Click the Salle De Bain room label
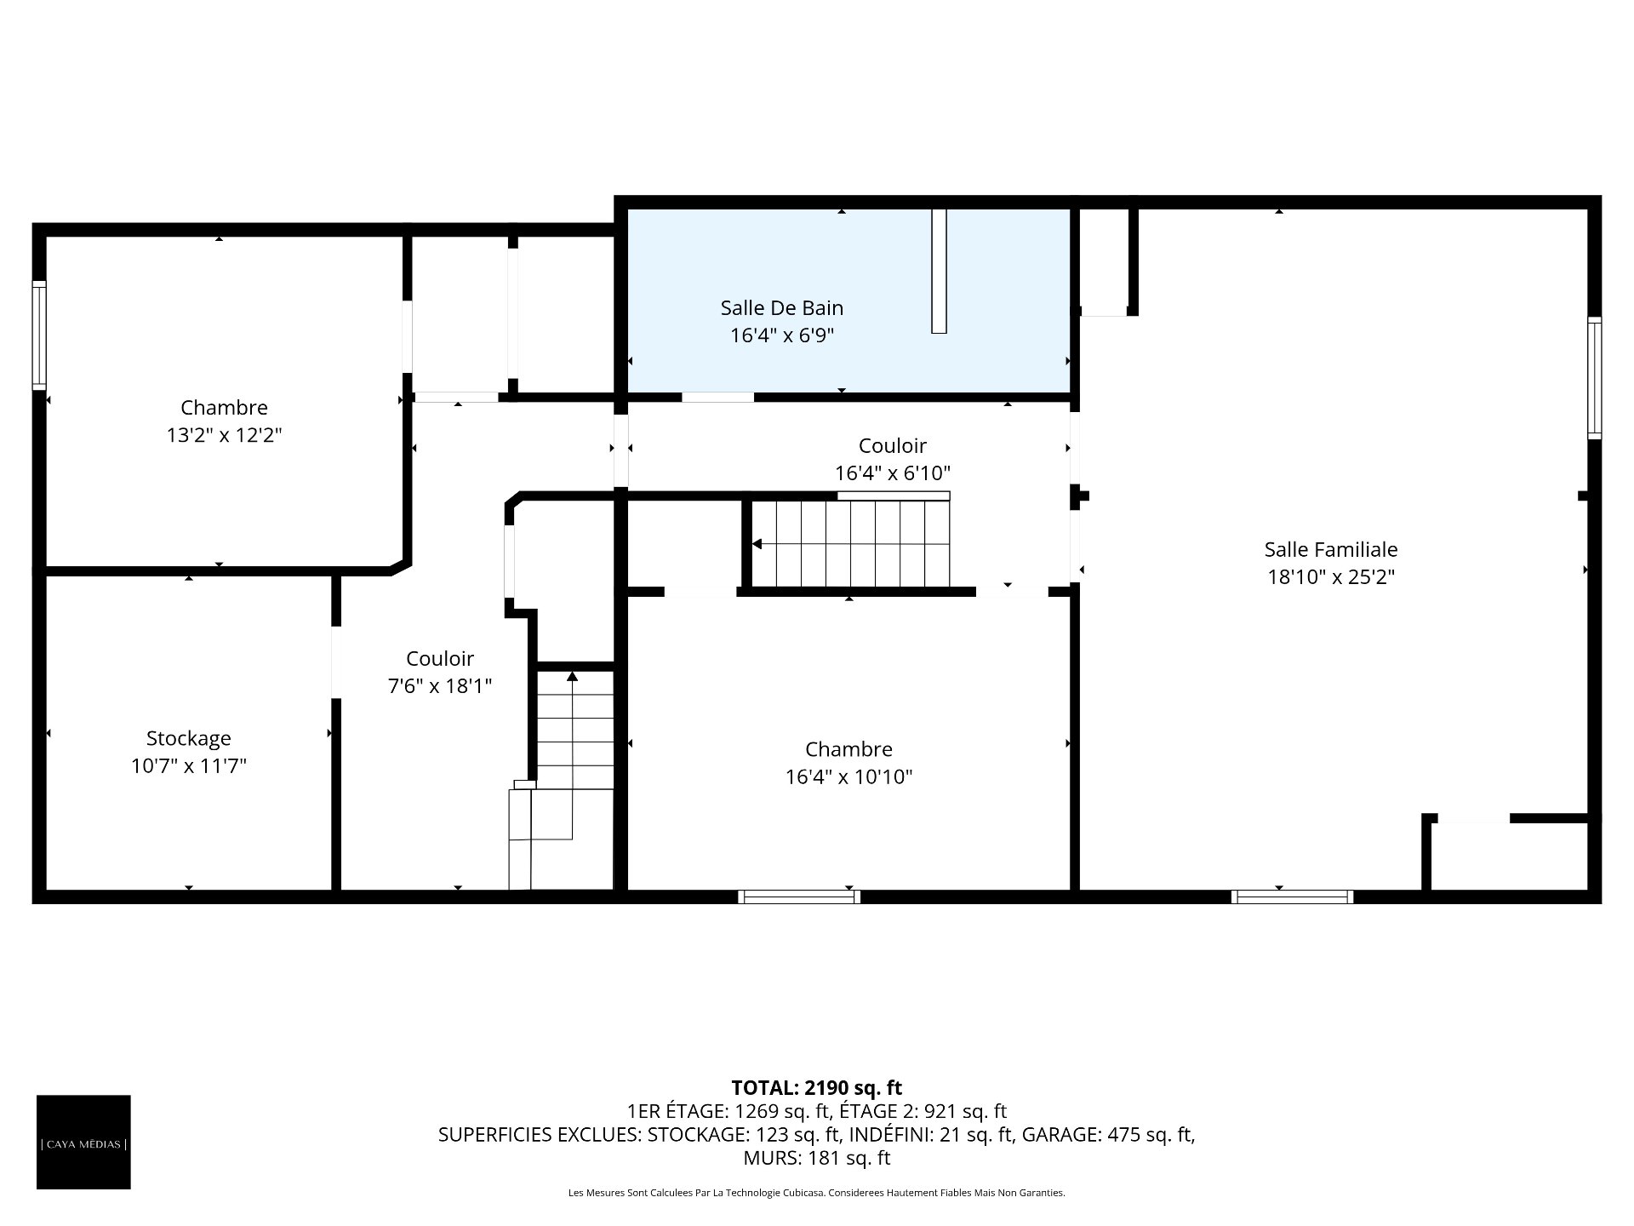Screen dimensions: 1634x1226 tap(782, 307)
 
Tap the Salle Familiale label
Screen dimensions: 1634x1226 tap(1331, 549)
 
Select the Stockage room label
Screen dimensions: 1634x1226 tap(188, 738)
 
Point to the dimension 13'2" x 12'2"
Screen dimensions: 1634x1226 tap(224, 435)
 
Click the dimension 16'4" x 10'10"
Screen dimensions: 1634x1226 tap(848, 776)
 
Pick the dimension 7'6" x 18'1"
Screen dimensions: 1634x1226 tap(440, 685)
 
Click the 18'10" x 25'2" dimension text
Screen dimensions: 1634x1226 tap(1331, 576)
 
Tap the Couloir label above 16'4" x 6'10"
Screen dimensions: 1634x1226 tap(893, 445)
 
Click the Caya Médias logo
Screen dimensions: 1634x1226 tap(83, 1142)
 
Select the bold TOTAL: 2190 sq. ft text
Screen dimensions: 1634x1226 tap(817, 1087)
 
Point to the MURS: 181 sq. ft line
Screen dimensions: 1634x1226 tap(817, 1158)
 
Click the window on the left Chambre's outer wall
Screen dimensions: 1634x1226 tap(39, 335)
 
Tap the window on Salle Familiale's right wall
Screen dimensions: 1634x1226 tap(1595, 378)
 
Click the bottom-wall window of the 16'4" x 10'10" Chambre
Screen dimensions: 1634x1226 tap(799, 897)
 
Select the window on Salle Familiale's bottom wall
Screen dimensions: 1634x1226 tap(1292, 897)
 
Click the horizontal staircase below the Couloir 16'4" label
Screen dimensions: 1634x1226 tap(851, 543)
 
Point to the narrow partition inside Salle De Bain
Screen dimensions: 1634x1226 tap(939, 271)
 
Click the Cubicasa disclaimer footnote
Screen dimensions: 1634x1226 tap(817, 1193)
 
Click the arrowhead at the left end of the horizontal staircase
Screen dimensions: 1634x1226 tap(757, 544)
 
